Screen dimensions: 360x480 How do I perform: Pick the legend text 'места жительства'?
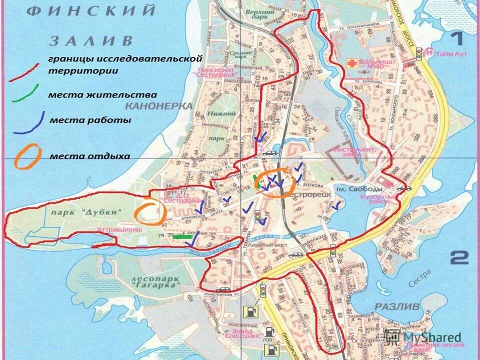click(x=102, y=94)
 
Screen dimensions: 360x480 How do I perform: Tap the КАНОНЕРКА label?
click(x=158, y=106)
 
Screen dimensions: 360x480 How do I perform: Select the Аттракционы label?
click(x=119, y=229)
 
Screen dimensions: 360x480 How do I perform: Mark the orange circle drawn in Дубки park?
click(x=149, y=212)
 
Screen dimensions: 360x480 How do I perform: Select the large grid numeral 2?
click(x=459, y=258)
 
